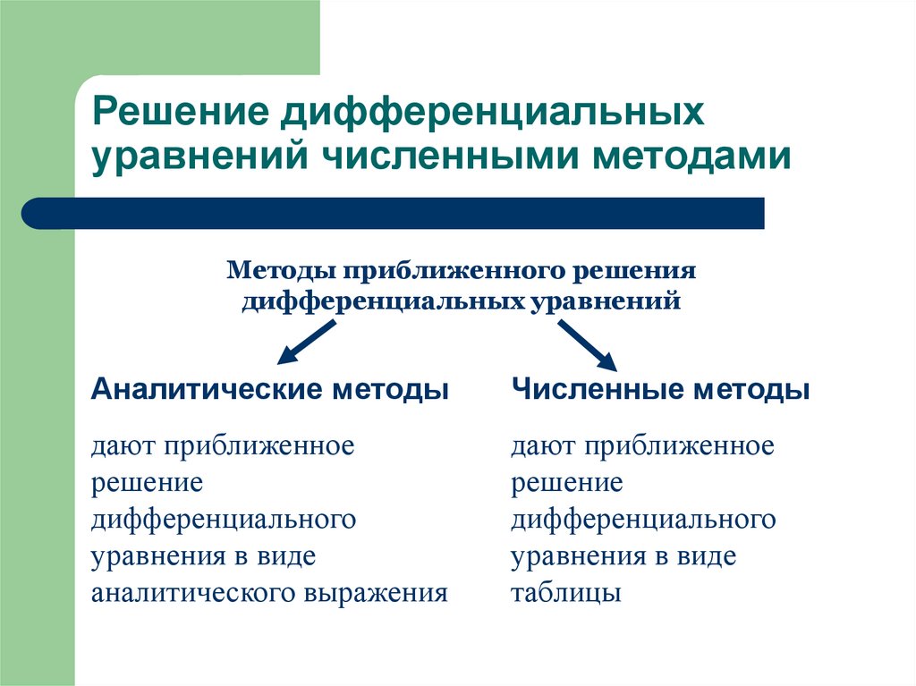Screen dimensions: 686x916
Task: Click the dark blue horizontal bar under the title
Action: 394,213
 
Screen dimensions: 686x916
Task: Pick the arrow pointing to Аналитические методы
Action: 306,343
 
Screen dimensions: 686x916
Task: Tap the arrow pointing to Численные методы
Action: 588,344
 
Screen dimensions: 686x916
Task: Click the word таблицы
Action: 566,593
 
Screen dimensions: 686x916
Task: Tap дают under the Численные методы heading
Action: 542,446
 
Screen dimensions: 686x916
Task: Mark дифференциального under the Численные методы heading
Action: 643,520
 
